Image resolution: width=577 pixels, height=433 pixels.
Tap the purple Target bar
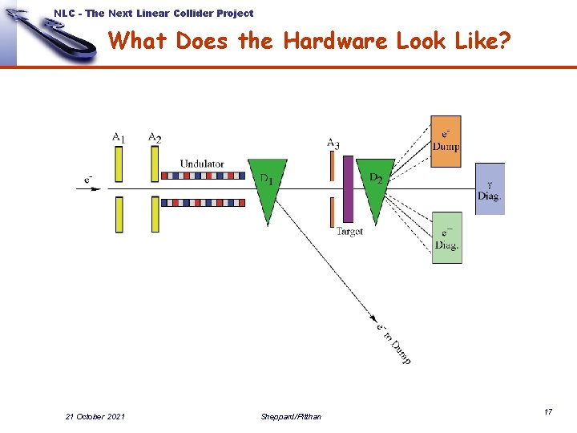point(348,189)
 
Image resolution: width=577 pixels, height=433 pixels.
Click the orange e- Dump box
point(446,141)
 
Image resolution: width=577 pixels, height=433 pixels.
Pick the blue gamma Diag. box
point(490,188)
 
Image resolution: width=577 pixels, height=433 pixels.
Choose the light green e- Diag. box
point(447,237)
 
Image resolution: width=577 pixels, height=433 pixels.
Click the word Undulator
point(202,164)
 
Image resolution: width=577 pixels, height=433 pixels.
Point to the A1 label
point(119,138)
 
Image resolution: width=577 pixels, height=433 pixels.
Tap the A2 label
point(155,138)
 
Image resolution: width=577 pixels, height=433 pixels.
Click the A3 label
point(333,144)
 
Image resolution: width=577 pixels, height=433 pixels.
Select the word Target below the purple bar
point(349,231)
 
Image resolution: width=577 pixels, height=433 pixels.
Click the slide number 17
point(548,411)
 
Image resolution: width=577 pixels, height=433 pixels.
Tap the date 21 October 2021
point(95,416)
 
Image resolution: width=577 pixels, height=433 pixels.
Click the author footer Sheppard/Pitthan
point(291,416)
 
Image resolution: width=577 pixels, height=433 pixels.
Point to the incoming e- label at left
point(88,177)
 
